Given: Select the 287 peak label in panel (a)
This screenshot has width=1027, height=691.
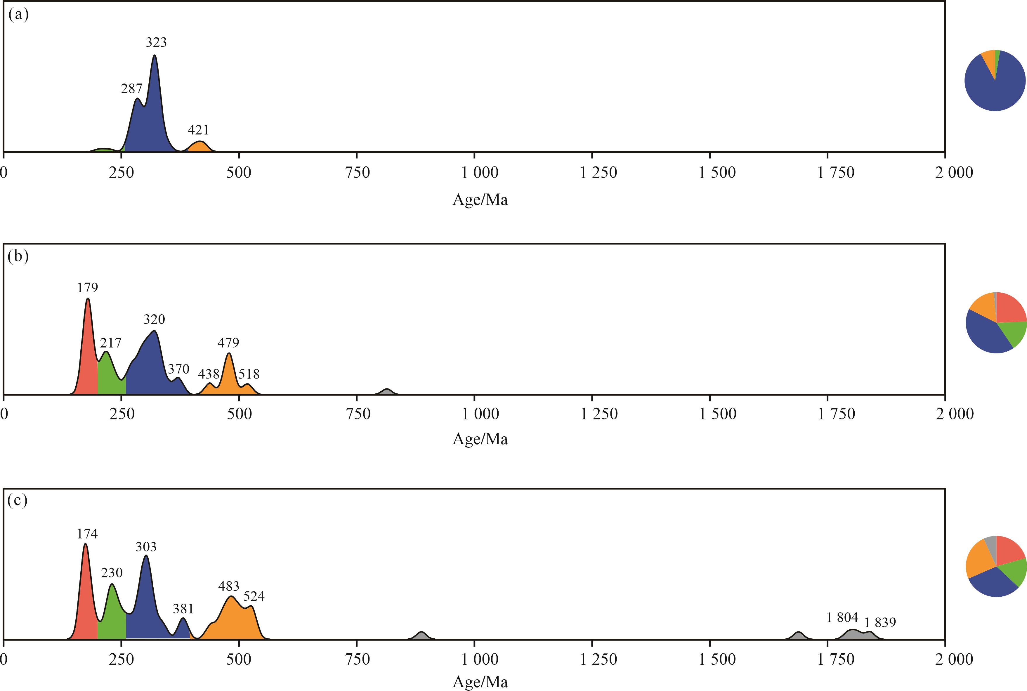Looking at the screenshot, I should point(131,89).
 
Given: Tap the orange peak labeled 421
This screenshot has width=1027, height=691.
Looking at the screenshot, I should point(200,146).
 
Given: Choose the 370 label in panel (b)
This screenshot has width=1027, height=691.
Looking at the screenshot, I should point(178,369).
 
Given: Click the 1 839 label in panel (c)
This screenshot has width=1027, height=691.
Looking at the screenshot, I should point(880,623).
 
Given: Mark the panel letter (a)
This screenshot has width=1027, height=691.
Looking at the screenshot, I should point(18,15).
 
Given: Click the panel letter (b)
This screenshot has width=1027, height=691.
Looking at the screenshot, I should point(18,256).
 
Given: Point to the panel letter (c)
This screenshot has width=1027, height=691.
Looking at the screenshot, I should point(18,501).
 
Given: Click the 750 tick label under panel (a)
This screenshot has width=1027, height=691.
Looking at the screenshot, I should point(358,172).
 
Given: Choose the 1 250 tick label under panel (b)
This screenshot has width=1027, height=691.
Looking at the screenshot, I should point(598,414).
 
